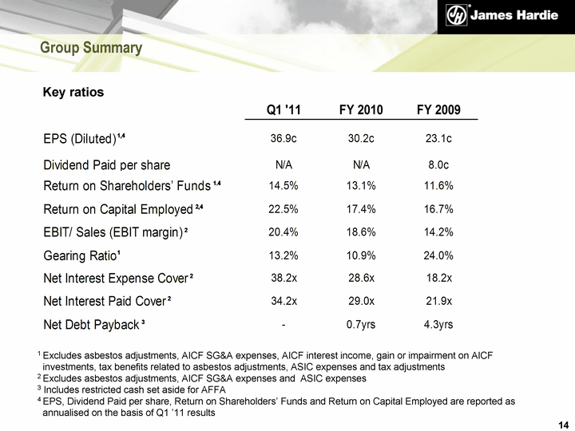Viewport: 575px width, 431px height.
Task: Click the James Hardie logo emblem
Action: [458, 15]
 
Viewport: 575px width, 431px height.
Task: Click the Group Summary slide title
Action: [91, 49]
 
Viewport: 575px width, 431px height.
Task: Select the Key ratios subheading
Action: [73, 93]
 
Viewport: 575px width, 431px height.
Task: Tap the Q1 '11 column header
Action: [284, 110]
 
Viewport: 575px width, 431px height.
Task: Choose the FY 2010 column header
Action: [361, 110]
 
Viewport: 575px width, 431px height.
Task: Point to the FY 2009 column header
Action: [438, 110]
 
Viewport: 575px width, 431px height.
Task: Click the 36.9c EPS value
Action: [284, 139]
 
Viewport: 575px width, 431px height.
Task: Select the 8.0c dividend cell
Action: [438, 165]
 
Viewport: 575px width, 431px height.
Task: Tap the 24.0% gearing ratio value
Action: [438, 256]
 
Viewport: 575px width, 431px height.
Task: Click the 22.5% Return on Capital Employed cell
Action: [284, 210]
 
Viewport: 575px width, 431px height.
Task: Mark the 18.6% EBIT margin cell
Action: [361, 233]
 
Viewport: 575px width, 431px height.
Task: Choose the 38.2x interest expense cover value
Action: [284, 279]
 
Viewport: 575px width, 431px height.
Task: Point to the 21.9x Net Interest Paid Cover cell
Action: [438, 302]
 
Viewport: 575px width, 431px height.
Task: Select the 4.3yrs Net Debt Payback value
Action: [438, 325]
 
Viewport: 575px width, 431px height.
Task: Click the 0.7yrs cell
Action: [361, 325]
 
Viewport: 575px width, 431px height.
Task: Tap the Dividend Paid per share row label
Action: [107, 165]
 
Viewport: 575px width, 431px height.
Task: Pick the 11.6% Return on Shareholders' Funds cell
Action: [438, 187]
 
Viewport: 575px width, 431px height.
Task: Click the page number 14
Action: [563, 422]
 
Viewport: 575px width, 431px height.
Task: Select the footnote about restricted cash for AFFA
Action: [132, 389]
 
